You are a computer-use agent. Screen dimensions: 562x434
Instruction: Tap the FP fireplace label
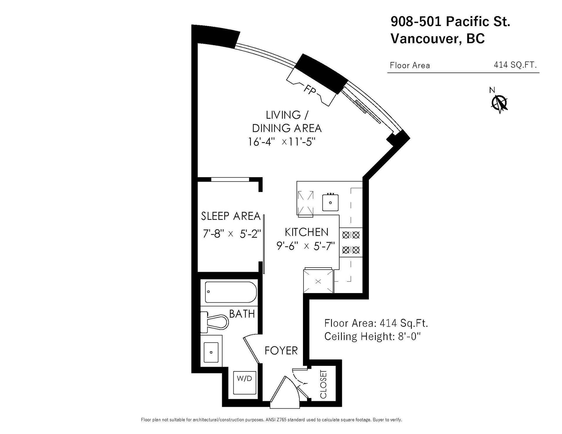(x=310, y=90)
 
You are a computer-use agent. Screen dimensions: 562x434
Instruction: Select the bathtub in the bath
(x=231, y=292)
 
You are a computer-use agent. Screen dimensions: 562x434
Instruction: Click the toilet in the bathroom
(x=214, y=322)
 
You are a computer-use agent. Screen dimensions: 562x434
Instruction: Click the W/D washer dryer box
(x=244, y=383)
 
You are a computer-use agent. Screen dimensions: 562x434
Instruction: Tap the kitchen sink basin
(x=330, y=202)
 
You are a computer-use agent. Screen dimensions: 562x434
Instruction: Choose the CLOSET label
(x=323, y=384)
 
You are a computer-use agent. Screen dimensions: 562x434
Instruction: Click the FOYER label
(x=281, y=350)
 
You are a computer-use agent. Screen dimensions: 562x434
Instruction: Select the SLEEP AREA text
(x=231, y=216)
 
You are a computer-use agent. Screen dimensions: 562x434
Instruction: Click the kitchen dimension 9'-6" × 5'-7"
(x=306, y=246)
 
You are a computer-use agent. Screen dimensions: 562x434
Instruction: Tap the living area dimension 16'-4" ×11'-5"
(x=282, y=142)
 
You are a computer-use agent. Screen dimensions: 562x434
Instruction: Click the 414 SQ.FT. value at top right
(x=515, y=65)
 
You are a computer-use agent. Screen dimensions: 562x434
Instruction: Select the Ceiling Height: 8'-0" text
(x=372, y=337)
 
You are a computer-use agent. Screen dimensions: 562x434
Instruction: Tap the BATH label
(x=242, y=314)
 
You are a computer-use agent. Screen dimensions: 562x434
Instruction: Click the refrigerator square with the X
(x=318, y=281)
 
